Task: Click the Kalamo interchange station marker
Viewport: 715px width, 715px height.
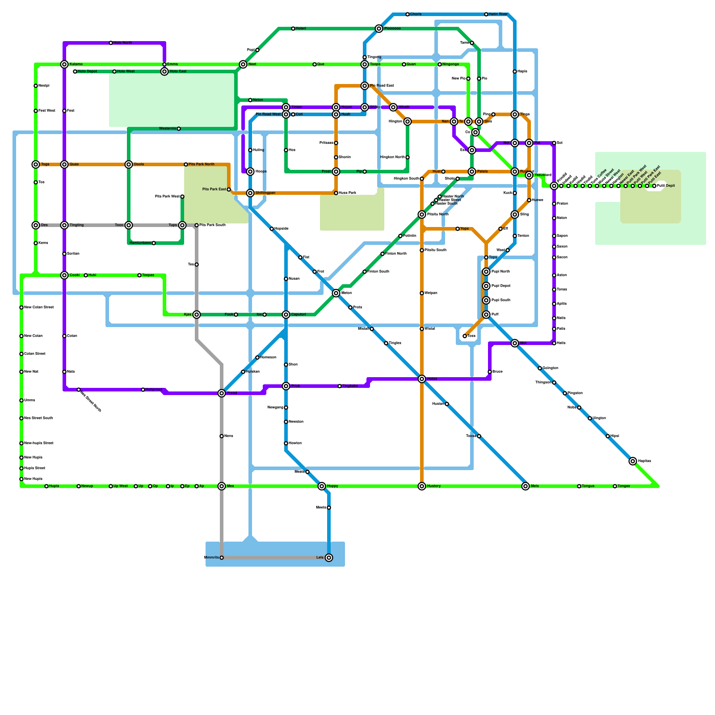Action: click(x=64, y=64)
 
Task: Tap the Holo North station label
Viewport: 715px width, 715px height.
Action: click(x=122, y=43)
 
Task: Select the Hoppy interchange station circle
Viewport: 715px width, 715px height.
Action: click(x=322, y=486)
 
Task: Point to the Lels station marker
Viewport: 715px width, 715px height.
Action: click(x=329, y=558)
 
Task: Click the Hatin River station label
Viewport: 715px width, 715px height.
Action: click(x=498, y=14)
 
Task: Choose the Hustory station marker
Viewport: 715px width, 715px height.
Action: click(x=422, y=486)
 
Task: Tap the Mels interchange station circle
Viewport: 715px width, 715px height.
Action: click(x=526, y=486)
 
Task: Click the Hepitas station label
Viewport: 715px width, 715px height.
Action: click(x=644, y=461)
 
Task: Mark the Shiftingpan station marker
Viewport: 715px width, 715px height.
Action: click(x=250, y=193)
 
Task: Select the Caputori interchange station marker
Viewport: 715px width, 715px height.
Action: click(x=286, y=315)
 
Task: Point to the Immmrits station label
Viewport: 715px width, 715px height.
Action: click(x=211, y=558)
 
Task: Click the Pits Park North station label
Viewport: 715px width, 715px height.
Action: click(x=201, y=164)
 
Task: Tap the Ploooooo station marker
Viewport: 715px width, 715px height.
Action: click(x=379, y=29)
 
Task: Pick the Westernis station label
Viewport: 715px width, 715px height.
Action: click(x=168, y=129)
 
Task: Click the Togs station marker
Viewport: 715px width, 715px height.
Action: click(x=36, y=164)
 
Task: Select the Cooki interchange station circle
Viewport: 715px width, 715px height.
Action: click(x=64, y=275)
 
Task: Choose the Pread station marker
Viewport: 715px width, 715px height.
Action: click(x=222, y=393)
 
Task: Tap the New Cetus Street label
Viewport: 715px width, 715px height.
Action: click(x=39, y=307)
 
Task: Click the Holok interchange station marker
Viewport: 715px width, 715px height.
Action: click(x=422, y=379)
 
